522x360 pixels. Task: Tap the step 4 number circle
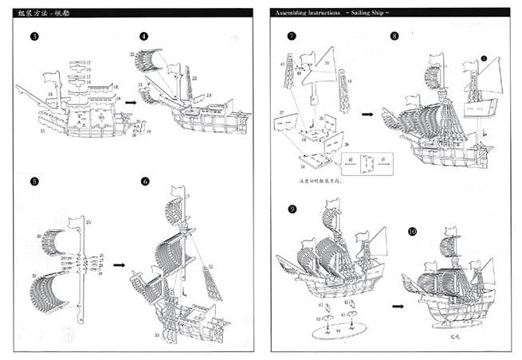click(x=144, y=37)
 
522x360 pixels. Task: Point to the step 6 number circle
click(x=144, y=182)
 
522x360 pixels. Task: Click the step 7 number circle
click(x=292, y=37)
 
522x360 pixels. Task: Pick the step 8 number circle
click(x=395, y=37)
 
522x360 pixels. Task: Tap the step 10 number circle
click(x=412, y=232)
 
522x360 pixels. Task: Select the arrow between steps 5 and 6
click(x=119, y=264)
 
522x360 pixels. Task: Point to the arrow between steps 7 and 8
click(x=367, y=114)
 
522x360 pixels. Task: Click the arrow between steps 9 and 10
click(x=395, y=304)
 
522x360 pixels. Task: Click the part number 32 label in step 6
click(x=210, y=266)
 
